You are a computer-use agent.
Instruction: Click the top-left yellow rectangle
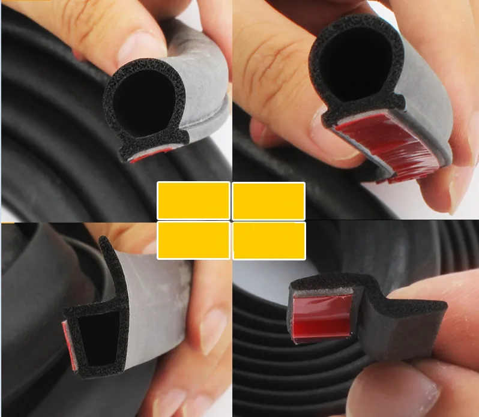[193, 200]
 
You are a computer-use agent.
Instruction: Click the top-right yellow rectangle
[268, 200]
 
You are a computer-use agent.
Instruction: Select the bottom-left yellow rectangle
[193, 240]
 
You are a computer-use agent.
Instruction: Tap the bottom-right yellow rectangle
[268, 240]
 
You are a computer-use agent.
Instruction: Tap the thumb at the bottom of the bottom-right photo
[408, 390]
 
